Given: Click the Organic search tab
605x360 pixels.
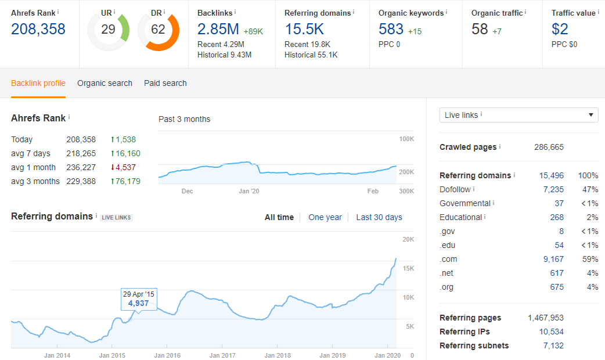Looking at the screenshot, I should pos(105,83).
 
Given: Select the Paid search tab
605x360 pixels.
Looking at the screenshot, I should pos(165,83).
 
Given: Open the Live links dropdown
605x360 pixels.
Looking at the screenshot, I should pos(518,115).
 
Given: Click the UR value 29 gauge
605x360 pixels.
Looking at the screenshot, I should pos(108,29).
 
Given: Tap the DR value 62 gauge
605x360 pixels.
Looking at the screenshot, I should pos(158,29).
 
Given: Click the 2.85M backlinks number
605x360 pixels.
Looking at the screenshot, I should pos(218,29).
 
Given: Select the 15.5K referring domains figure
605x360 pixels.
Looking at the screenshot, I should pos(304,29).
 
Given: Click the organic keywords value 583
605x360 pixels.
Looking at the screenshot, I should pos(391,29).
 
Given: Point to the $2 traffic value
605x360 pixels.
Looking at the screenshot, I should pos(560,29).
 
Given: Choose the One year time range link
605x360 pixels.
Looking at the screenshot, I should pos(325,217).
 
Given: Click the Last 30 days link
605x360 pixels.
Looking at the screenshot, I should pos(379,217).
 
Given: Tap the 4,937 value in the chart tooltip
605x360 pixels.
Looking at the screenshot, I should pos(139,303).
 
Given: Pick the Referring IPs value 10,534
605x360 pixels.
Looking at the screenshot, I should pos(551,332).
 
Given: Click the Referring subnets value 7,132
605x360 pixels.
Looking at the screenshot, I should pos(553,345).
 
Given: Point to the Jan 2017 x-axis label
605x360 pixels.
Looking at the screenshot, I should pos(222,355).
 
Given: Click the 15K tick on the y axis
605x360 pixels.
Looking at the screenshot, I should pos(408,268).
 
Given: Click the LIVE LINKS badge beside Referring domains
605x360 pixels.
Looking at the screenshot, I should pos(117,218).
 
